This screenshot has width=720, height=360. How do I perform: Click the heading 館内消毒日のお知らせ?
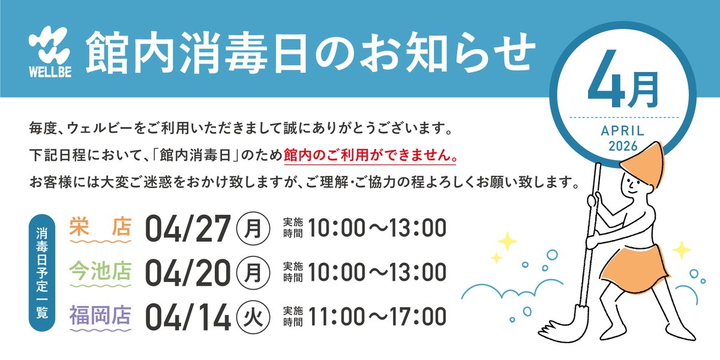click(x=308, y=53)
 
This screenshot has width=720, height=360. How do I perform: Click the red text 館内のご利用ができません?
click(x=370, y=155)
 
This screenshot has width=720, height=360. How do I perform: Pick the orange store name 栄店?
click(x=100, y=226)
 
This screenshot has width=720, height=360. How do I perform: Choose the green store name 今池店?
click(x=100, y=271)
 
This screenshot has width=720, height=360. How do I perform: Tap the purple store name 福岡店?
click(x=100, y=316)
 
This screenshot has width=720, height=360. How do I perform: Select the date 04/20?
click(x=188, y=272)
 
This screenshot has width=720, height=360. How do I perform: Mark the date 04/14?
click(x=188, y=317)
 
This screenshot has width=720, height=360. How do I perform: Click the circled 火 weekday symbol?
click(x=253, y=318)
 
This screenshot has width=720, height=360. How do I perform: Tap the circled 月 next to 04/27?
click(x=253, y=228)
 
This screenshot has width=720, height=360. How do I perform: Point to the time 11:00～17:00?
click(x=378, y=317)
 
